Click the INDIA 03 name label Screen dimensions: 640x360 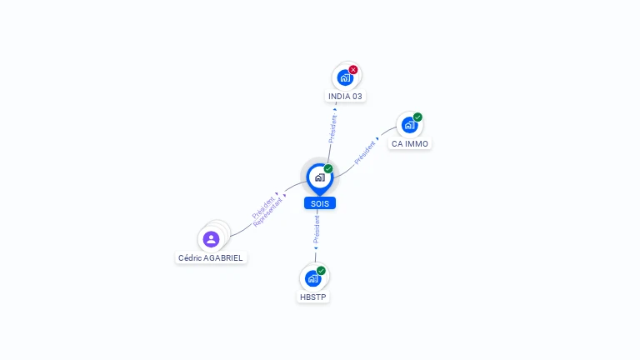pyautogui.click(x=345, y=97)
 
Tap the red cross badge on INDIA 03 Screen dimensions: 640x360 pyautogui.click(x=353, y=70)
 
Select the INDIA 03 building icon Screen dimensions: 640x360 pyautogui.click(x=345, y=77)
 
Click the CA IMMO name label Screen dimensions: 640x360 pyautogui.click(x=410, y=143)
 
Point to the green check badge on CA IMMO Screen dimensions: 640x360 pyautogui.click(x=417, y=117)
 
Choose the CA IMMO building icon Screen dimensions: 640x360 pyautogui.click(x=409, y=125)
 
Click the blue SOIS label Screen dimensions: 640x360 pyautogui.click(x=320, y=203)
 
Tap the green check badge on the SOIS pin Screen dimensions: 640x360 pyautogui.click(x=328, y=168)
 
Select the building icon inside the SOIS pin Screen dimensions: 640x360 pyautogui.click(x=320, y=177)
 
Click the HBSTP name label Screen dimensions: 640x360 pyautogui.click(x=313, y=297)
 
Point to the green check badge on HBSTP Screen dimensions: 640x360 pyautogui.click(x=321, y=271)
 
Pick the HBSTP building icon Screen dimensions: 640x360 pyautogui.click(x=313, y=278)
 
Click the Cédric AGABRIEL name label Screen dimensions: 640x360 pyautogui.click(x=211, y=258)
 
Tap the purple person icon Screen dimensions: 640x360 pyautogui.click(x=211, y=239)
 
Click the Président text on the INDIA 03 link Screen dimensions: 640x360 pyautogui.click(x=333, y=128)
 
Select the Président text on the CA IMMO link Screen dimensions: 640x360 pyautogui.click(x=364, y=152)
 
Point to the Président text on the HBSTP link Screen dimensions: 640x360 pyautogui.click(x=317, y=229)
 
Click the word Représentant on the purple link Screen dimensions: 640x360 pyautogui.click(x=267, y=212)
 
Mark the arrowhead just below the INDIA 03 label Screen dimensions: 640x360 pyautogui.click(x=335, y=109)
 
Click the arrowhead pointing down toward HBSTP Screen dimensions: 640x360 pyautogui.click(x=316, y=247)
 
